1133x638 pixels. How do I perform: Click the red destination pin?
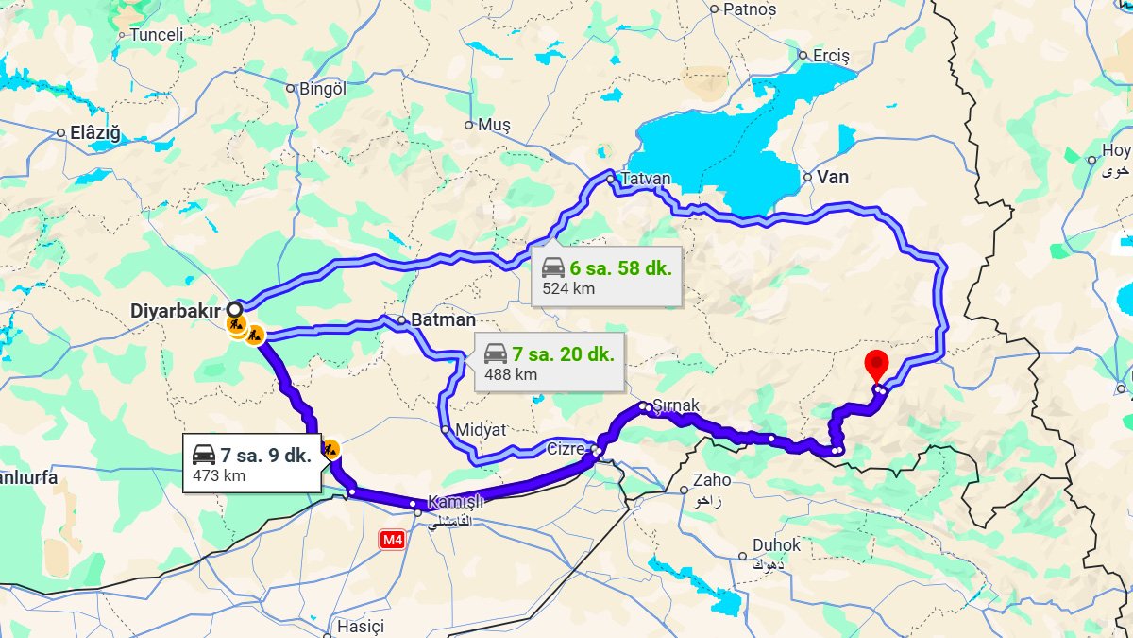point(877,364)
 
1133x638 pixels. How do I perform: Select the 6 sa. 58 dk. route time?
point(620,268)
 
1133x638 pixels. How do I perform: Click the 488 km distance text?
point(511,374)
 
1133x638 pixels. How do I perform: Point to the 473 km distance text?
point(219,475)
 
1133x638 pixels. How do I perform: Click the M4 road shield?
point(392,540)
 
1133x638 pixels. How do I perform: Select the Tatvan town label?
point(646,179)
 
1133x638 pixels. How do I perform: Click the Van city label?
point(833,177)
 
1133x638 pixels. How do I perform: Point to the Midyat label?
point(480,430)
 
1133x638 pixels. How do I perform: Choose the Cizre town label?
point(566,448)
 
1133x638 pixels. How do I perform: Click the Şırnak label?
point(676,405)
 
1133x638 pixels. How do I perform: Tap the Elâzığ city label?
point(95,133)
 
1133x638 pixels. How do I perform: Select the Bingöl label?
point(323,89)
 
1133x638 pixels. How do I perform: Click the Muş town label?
point(494,125)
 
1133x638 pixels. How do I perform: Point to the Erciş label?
point(831,56)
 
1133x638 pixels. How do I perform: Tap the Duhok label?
point(776,545)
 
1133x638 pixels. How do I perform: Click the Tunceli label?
point(156,35)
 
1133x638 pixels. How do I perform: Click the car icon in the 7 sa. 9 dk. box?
point(204,455)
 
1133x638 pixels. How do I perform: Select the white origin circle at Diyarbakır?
point(234,309)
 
